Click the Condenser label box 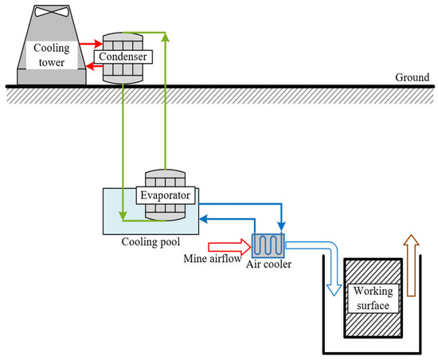123,57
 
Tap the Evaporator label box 166,195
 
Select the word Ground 412,77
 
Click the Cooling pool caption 151,242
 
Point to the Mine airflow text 213,259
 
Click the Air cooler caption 268,264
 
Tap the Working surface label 373,299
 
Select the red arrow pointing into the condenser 92,44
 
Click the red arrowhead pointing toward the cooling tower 90,66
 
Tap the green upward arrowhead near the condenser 166,37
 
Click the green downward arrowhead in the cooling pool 123,216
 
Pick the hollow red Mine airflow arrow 229,247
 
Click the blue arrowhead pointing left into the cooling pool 204,219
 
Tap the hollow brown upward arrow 411,265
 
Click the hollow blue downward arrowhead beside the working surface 334,290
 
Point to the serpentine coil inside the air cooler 268,245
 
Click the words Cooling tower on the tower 52,55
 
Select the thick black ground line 220,87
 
